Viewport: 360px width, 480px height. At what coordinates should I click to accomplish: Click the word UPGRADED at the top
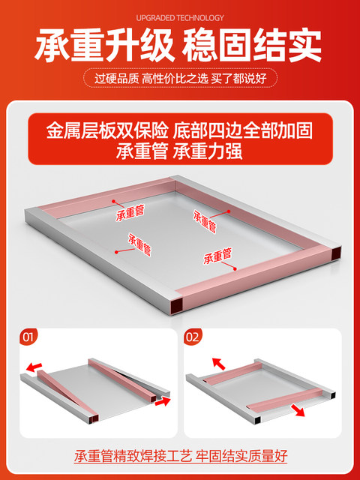(x=155, y=18)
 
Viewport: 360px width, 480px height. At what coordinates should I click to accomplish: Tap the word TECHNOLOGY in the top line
(x=200, y=18)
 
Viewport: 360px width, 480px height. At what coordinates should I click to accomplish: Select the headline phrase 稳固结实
(x=252, y=46)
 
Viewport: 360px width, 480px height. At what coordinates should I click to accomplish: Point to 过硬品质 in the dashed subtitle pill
(x=116, y=79)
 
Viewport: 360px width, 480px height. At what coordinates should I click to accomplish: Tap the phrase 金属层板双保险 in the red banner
(x=107, y=131)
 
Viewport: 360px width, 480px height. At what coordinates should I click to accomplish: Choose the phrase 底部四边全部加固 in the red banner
(x=243, y=131)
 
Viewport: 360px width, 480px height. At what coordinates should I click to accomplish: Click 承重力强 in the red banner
(x=207, y=151)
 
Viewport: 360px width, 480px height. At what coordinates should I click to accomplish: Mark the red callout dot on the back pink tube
(x=113, y=201)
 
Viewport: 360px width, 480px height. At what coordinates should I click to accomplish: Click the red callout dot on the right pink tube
(x=228, y=211)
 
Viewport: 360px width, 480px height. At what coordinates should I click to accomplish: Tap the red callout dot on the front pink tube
(x=235, y=268)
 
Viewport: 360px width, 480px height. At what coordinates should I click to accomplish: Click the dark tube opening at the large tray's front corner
(x=177, y=306)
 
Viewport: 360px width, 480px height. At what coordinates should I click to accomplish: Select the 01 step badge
(x=28, y=337)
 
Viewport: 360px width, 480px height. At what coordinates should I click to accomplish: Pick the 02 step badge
(x=192, y=337)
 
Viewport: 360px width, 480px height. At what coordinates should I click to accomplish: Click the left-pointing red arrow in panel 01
(x=34, y=367)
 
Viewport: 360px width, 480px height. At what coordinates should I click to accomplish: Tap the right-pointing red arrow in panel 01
(x=163, y=401)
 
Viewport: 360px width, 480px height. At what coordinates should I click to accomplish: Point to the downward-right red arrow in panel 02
(x=298, y=410)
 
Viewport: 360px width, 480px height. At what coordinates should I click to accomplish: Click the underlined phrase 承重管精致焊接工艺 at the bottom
(x=133, y=456)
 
